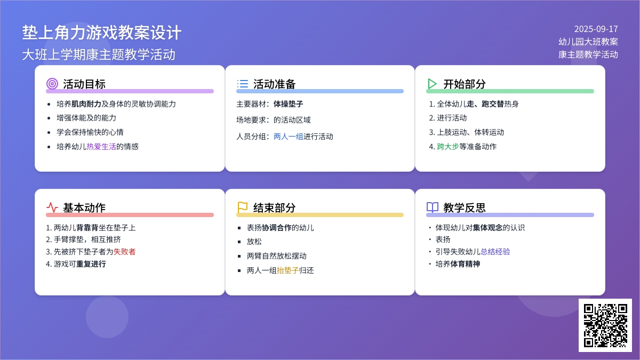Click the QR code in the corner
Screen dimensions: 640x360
pyautogui.click(x=605, y=325)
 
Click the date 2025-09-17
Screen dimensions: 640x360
pyautogui.click(x=596, y=29)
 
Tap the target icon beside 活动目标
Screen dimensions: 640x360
pyautogui.click(x=52, y=84)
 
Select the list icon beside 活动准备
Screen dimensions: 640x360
pyautogui.click(x=242, y=84)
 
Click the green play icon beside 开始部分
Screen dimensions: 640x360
pyautogui.click(x=432, y=84)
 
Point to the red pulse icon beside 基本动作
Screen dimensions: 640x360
pyautogui.click(x=52, y=207)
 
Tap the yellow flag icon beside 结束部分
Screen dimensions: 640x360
pyautogui.click(x=242, y=207)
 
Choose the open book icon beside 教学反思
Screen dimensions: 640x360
pyautogui.click(x=433, y=207)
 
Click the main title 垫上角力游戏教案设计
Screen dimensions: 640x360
pyautogui.click(x=102, y=33)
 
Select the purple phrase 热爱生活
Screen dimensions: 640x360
pyautogui.click(x=101, y=147)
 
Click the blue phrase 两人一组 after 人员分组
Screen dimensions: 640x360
pyautogui.click(x=289, y=137)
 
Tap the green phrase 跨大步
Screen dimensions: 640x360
pyautogui.click(x=447, y=147)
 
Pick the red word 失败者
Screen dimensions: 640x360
pyautogui.click(x=125, y=252)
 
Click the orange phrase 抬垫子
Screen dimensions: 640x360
pyautogui.click(x=287, y=270)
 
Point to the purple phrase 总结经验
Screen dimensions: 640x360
pyautogui.click(x=495, y=252)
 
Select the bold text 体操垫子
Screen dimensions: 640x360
pyautogui.click(x=289, y=104)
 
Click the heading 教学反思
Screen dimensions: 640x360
pyautogui.click(x=465, y=207)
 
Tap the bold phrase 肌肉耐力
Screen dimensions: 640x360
pyautogui.click(x=86, y=104)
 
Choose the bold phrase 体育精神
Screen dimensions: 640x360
pyautogui.click(x=465, y=264)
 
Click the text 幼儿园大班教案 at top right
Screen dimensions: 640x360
pyautogui.click(x=588, y=42)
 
